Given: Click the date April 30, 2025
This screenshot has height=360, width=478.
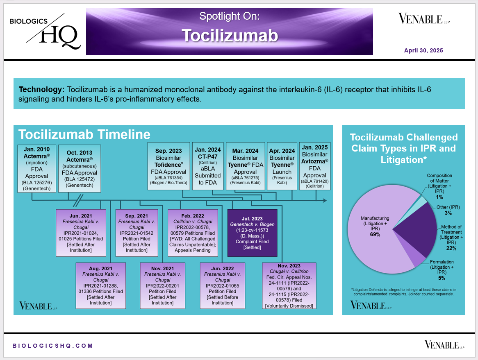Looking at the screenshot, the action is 423,50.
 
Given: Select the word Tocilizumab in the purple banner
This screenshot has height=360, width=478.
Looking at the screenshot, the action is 230,36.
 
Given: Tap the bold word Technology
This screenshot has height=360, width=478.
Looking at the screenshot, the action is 41,90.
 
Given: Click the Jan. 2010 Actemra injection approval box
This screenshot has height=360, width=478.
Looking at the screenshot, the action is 36,168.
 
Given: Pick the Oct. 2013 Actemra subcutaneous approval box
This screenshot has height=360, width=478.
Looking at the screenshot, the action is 79,168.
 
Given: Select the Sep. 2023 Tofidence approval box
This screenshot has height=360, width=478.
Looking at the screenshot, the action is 168,166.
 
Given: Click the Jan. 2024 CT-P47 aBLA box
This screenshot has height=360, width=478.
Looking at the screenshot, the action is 207,166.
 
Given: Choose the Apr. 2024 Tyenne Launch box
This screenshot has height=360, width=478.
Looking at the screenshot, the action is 282,166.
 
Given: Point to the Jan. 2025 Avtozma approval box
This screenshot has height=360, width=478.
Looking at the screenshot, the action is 314,166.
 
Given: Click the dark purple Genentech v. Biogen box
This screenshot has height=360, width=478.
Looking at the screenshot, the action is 252,233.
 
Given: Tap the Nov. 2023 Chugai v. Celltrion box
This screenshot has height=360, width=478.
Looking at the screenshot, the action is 289,286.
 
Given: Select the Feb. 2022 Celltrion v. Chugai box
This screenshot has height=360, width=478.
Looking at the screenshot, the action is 193,233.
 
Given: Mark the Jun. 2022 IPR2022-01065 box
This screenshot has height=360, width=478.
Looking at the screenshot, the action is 223,286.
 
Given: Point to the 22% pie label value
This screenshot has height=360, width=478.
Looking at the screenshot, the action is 451,248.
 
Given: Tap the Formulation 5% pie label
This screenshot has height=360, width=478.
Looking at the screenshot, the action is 442,270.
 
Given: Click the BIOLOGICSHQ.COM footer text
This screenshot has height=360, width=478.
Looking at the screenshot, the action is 53,346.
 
